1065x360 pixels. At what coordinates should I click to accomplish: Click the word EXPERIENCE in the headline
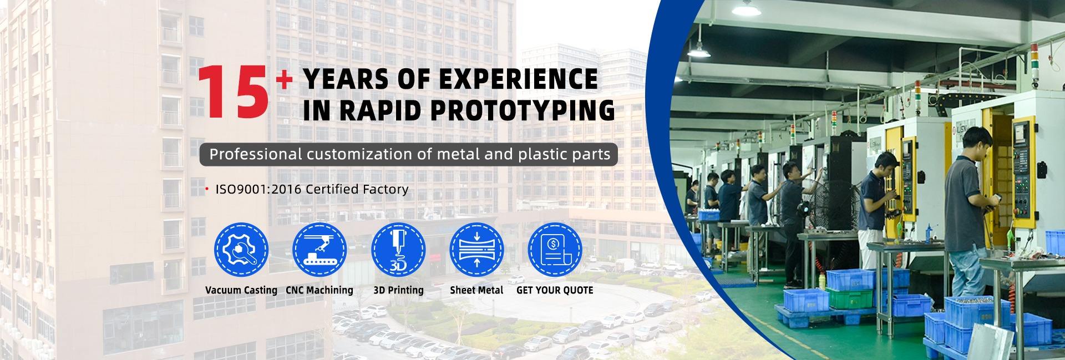pos(519,79)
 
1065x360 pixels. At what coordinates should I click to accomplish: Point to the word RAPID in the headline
pos(382,110)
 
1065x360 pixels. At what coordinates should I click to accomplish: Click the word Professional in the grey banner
pos(255,154)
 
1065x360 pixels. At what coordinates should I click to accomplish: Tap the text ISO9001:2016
pos(258,189)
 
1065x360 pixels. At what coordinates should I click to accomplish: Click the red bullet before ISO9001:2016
pos(207,190)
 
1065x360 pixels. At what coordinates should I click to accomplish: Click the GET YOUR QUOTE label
pos(555,290)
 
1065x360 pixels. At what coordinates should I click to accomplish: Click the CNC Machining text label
pos(319,290)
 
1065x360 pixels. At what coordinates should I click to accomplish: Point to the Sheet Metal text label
pos(476,290)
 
